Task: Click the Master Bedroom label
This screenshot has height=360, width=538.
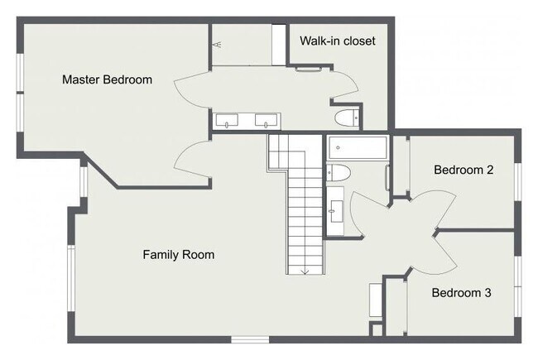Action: click(x=107, y=79)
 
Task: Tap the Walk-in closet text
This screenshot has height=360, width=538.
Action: click(x=337, y=41)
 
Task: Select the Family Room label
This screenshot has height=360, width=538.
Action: click(x=179, y=255)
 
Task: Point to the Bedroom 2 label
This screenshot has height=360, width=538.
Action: click(x=464, y=170)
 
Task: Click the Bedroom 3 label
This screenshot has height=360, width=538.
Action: click(x=461, y=293)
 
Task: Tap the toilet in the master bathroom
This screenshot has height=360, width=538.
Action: click(x=347, y=118)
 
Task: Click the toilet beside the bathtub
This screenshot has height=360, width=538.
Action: click(x=338, y=173)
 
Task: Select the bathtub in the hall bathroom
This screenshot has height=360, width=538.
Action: click(x=358, y=147)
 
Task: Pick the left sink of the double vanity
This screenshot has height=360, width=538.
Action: click(x=227, y=121)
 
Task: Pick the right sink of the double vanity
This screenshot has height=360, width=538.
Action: click(x=266, y=121)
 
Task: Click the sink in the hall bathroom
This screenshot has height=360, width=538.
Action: click(x=335, y=211)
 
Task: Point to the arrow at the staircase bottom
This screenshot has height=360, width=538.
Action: click(x=305, y=271)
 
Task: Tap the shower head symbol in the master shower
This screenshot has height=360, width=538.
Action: click(x=218, y=44)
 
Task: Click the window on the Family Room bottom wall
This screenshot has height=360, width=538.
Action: click(x=250, y=339)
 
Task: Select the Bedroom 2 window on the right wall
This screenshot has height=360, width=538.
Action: click(x=518, y=182)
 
